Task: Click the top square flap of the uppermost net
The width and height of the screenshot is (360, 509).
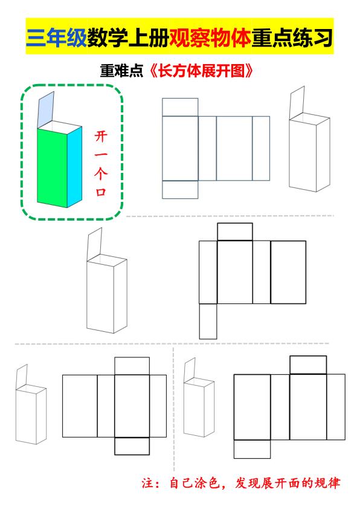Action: (180, 106)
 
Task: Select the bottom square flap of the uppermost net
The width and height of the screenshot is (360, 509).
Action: (180, 189)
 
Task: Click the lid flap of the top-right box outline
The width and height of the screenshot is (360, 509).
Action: (298, 102)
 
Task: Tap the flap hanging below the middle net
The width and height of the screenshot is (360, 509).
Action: (208, 321)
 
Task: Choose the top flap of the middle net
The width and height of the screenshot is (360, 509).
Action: (234, 232)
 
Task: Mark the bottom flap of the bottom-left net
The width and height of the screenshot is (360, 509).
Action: (132, 446)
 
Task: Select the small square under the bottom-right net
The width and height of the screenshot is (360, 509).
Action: (252, 449)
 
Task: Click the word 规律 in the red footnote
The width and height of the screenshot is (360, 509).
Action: (327, 484)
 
